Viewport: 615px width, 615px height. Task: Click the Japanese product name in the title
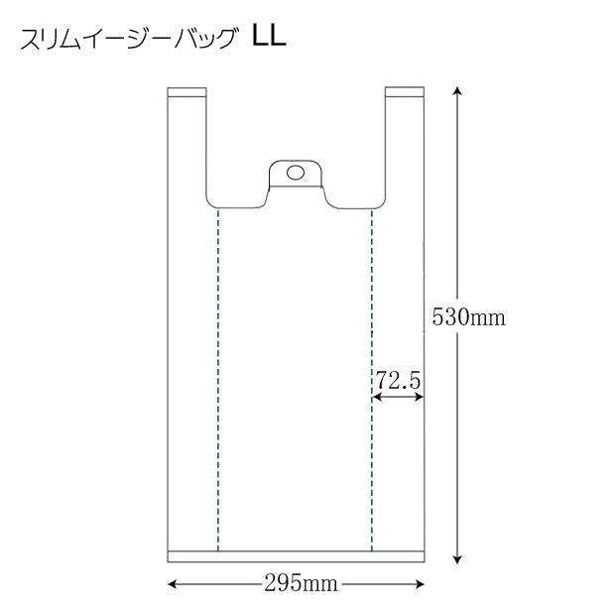click(129, 41)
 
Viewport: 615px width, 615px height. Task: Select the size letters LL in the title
click(269, 38)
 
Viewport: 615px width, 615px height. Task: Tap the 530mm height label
click(469, 317)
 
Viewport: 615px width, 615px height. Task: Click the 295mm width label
click(295, 584)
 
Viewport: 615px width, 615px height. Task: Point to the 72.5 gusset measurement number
click(398, 380)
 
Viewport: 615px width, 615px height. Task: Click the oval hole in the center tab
click(295, 173)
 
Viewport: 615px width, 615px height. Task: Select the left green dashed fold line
click(218, 377)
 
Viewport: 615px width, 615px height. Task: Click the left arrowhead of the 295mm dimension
click(172, 584)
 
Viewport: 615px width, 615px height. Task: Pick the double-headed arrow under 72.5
click(398, 397)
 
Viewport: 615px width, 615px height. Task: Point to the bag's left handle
click(186, 149)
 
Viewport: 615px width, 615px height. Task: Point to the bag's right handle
click(404, 149)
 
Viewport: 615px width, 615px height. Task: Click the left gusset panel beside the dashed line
click(192, 377)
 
